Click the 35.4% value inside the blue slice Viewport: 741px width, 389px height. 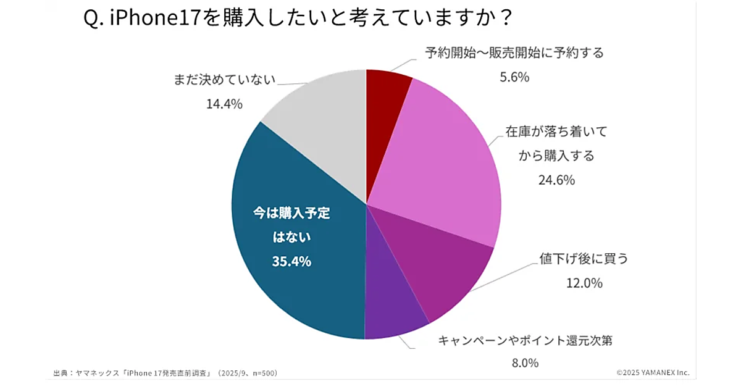click(291, 261)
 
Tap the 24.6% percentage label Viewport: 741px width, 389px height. click(556, 180)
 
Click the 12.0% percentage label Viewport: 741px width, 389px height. click(584, 283)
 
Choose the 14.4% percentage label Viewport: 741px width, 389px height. click(224, 104)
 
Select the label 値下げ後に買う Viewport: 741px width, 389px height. click(584, 259)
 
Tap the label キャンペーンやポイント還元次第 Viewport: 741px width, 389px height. click(525, 340)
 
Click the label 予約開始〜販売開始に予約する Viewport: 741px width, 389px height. click(514, 52)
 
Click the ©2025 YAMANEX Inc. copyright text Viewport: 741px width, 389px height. click(653, 373)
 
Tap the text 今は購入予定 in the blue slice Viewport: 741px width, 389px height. click(291, 214)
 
